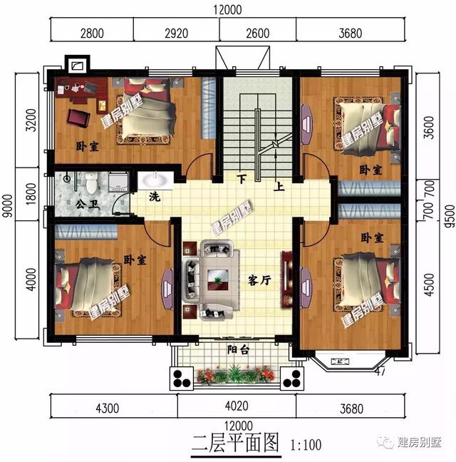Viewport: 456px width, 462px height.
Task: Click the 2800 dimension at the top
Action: tap(92, 32)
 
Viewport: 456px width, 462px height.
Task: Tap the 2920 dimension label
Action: tap(176, 32)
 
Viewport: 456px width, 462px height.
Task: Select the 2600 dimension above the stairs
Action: tap(257, 32)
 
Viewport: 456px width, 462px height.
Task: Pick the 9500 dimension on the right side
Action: tap(447, 214)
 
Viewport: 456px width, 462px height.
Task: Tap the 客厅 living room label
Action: tap(261, 280)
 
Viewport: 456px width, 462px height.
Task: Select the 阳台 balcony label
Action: tap(237, 350)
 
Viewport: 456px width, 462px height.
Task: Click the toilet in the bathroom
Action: tap(90, 183)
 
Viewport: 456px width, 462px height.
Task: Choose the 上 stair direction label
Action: tap(279, 187)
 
